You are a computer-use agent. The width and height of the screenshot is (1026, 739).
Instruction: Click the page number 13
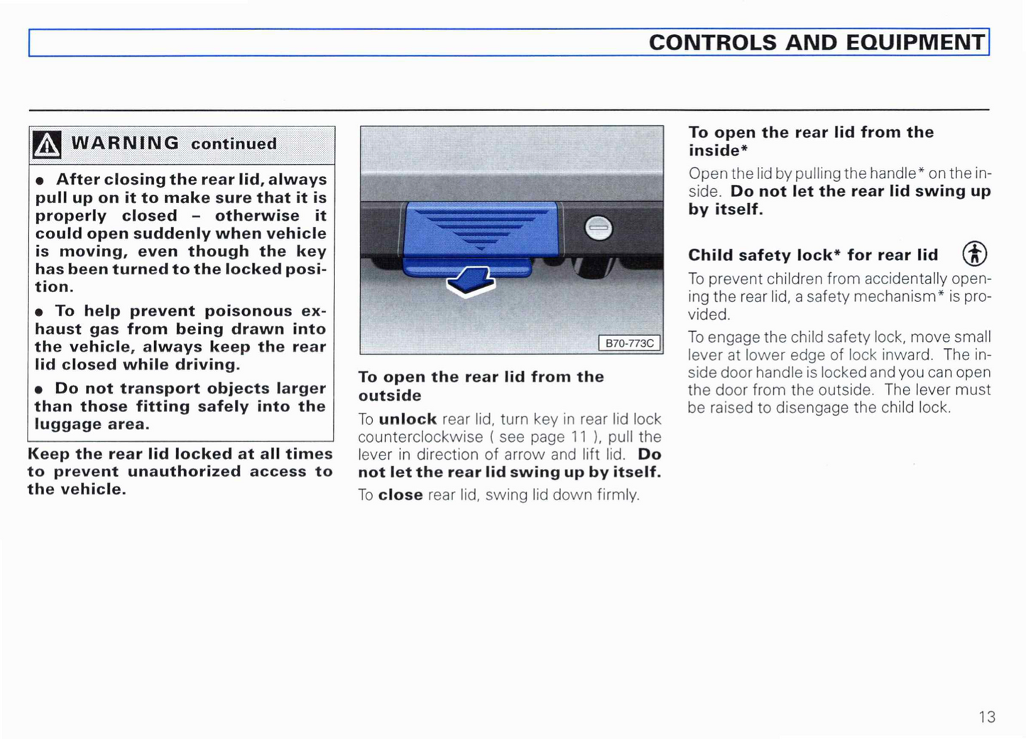tap(987, 717)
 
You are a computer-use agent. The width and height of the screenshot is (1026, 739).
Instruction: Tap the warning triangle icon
tap(47, 145)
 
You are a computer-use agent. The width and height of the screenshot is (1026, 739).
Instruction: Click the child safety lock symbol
tap(974, 254)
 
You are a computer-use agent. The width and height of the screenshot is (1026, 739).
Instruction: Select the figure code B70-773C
tap(629, 343)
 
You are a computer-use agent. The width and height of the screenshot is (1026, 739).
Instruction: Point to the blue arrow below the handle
tap(471, 282)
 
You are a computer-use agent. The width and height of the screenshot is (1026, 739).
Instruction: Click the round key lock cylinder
tap(598, 227)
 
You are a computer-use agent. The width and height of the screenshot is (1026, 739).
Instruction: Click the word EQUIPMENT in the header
tap(915, 43)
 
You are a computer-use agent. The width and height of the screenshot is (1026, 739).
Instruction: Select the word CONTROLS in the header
tap(713, 43)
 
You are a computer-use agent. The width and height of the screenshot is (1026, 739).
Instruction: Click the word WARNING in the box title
tap(126, 144)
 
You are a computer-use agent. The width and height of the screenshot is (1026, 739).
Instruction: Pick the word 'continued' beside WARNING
tap(234, 144)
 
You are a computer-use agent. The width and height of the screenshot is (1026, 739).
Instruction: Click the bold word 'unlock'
tap(408, 419)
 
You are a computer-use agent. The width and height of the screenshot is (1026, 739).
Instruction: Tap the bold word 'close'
tap(400, 495)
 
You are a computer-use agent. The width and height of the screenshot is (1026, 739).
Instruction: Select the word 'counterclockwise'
tap(420, 437)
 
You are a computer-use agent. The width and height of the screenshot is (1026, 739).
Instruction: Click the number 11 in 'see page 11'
tap(579, 437)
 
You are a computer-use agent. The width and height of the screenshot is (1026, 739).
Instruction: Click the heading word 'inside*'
tap(714, 151)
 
